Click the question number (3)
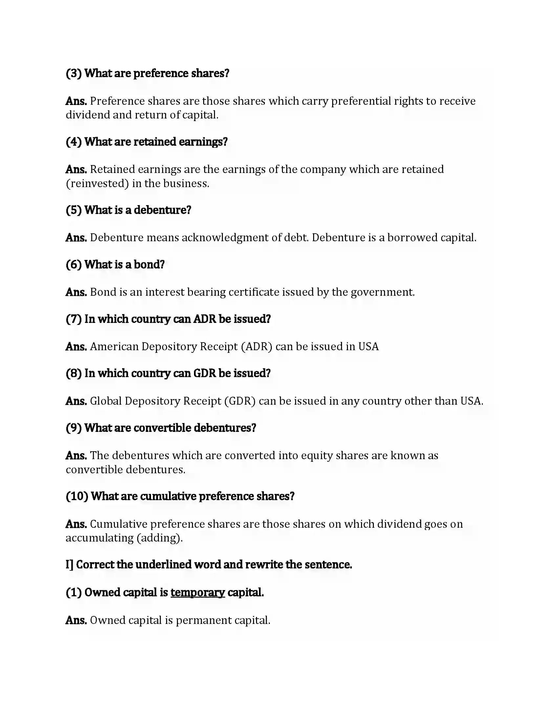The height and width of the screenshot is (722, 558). click(74, 74)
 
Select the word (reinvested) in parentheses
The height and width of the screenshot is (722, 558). click(97, 183)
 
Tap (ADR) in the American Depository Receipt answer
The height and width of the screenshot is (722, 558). click(257, 347)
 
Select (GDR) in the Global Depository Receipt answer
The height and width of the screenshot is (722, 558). click(240, 401)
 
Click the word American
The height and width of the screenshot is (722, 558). click(114, 347)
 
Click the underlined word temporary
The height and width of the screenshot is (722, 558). click(198, 592)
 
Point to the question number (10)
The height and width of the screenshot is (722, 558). click(77, 496)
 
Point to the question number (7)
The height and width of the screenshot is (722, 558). click(74, 319)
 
